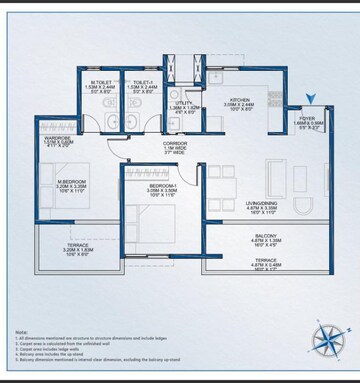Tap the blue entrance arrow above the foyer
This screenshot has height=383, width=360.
313,100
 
